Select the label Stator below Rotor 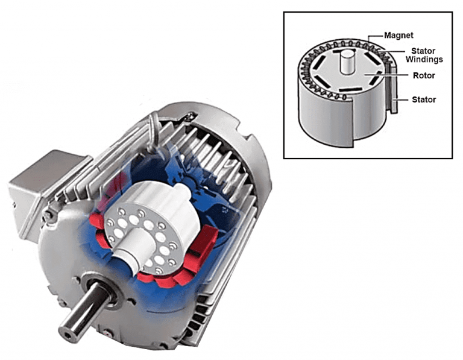pyautogui.click(x=424, y=99)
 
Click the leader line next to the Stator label pyautogui.click(x=403, y=99)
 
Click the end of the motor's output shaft pyautogui.click(x=68, y=331)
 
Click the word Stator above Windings pyautogui.click(x=424, y=51)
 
